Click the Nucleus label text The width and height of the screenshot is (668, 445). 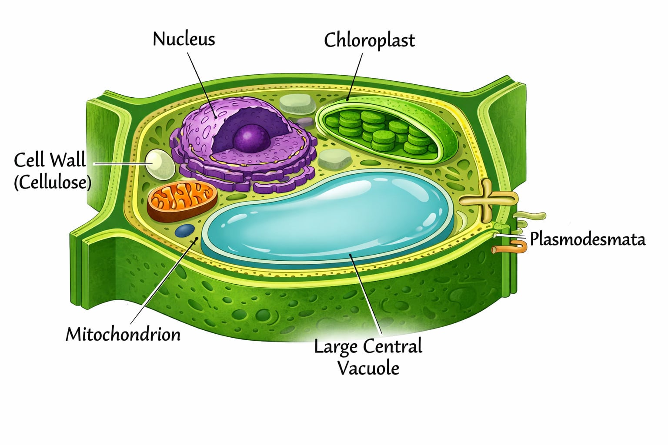click(x=184, y=39)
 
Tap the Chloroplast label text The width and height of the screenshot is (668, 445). click(x=369, y=40)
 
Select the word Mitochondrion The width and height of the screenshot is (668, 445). click(x=123, y=334)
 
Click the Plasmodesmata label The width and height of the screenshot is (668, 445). click(x=587, y=239)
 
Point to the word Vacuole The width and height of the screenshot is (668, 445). click(x=368, y=368)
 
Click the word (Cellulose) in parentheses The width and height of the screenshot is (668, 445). click(x=52, y=182)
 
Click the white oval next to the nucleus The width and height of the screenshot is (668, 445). click(x=160, y=164)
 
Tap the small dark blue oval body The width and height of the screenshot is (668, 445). click(x=185, y=230)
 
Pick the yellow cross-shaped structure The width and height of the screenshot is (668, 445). click(x=488, y=200)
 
